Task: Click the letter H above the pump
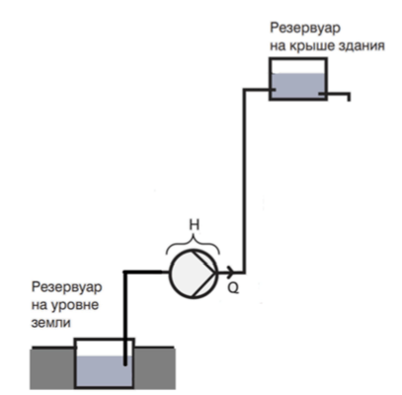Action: click(x=195, y=225)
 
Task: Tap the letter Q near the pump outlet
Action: click(x=233, y=288)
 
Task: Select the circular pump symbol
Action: click(x=194, y=275)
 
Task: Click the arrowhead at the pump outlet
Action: click(x=230, y=272)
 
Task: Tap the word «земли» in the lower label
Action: click(x=51, y=322)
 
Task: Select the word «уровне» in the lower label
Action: click(x=75, y=306)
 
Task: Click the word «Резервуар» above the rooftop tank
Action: click(x=305, y=28)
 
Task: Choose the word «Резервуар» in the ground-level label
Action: click(x=67, y=287)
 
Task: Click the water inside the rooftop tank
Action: click(x=298, y=85)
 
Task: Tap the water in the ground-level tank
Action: click(x=104, y=371)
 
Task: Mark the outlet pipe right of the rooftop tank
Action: click(x=337, y=94)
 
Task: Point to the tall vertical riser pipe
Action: click(x=244, y=181)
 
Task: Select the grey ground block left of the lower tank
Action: click(x=52, y=368)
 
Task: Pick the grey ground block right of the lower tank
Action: click(x=154, y=368)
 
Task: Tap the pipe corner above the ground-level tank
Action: click(x=125, y=272)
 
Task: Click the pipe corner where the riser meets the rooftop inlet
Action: click(x=244, y=89)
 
